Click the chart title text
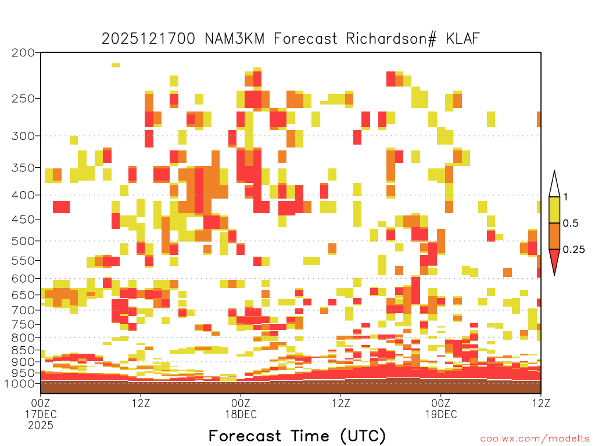tap(291, 39)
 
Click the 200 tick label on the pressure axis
tap(23, 53)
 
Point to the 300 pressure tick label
tap(23, 136)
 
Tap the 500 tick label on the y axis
tap(23, 241)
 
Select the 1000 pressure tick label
tap(20, 383)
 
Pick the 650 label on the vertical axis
tap(23, 294)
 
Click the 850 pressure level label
tap(23, 350)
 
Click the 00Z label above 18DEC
tap(241, 403)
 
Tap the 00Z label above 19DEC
tap(441, 403)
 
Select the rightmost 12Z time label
tap(541, 403)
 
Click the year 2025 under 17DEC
tap(41, 426)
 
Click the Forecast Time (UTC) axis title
tap(297, 436)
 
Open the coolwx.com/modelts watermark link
tap(535, 439)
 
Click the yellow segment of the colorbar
tap(554, 210)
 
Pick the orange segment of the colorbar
tap(554, 236)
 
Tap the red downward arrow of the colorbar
tap(554, 260)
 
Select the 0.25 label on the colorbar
tap(574, 250)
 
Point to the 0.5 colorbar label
tap(571, 223)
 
